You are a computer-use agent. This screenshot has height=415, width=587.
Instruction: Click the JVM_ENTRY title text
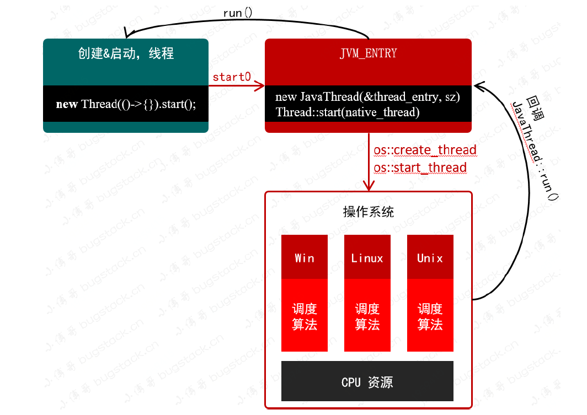tap(368, 53)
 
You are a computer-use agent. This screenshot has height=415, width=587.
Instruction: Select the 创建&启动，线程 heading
tap(126, 53)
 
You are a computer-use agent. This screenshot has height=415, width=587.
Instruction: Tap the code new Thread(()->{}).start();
tap(126, 104)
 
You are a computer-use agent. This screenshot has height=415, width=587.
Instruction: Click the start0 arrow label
tap(232, 77)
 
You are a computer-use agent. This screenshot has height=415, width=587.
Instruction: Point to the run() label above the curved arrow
tap(237, 13)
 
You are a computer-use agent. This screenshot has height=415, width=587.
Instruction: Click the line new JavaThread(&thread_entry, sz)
tap(367, 97)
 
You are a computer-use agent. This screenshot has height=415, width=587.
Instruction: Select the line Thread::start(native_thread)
tap(348, 112)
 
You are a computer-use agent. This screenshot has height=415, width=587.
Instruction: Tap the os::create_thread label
tap(425, 150)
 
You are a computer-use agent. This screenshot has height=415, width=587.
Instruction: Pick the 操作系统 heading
tap(369, 212)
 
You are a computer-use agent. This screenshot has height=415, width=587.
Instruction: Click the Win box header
tap(305, 258)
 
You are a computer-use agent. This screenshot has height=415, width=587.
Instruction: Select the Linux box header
tap(367, 258)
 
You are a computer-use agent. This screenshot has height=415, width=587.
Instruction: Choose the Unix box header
tap(430, 258)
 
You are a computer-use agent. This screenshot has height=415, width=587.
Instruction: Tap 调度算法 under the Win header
tap(305, 316)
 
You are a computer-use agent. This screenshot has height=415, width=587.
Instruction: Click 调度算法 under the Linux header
tap(367, 316)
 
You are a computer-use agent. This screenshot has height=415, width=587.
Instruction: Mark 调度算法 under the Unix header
tap(430, 316)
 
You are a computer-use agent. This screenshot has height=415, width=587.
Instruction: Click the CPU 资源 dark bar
tap(367, 382)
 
